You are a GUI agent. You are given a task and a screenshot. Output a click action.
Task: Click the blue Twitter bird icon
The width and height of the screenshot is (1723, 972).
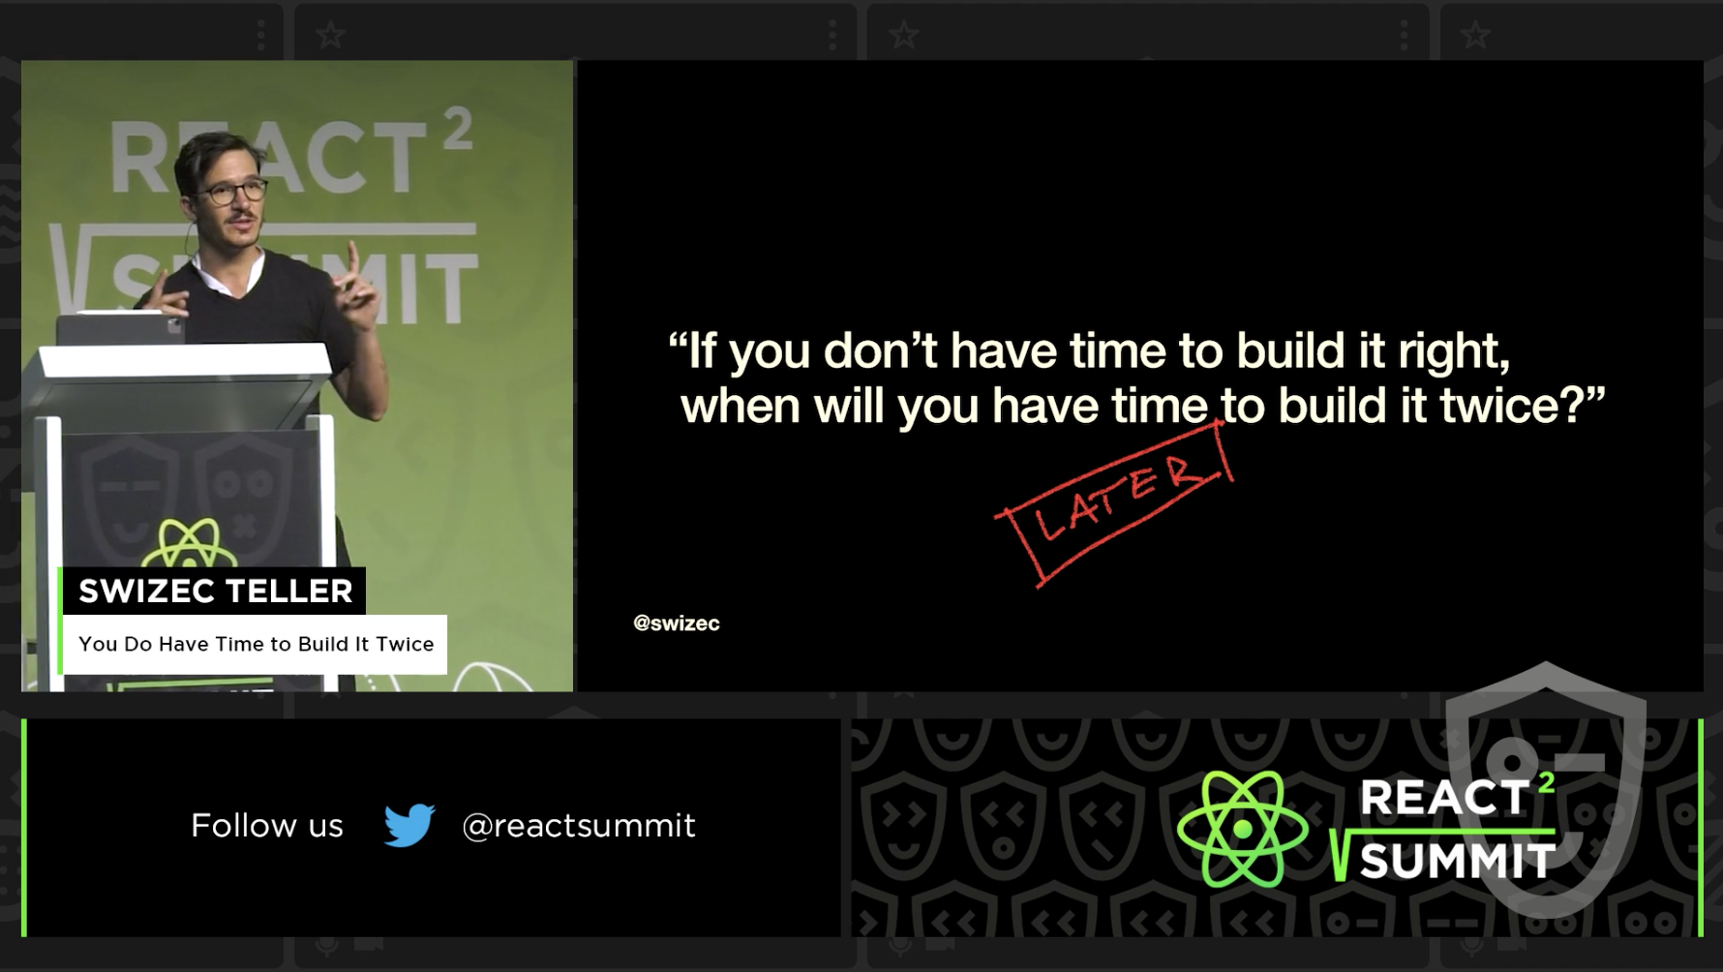click(x=408, y=825)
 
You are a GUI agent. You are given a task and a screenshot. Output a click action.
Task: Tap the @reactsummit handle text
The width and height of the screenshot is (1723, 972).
click(x=578, y=826)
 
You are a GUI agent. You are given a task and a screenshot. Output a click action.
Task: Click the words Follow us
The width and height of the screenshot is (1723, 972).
click(x=266, y=826)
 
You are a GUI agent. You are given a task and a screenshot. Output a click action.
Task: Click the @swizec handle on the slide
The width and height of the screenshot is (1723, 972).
click(x=676, y=623)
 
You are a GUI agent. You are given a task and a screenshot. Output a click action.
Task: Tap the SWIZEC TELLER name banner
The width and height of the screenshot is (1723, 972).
click(x=215, y=591)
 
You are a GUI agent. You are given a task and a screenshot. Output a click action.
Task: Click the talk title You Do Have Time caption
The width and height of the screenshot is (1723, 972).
click(x=256, y=644)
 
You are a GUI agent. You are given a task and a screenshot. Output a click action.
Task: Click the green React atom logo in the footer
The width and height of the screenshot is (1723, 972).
click(x=1242, y=829)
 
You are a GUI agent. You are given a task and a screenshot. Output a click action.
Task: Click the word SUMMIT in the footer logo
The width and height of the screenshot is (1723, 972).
click(x=1456, y=861)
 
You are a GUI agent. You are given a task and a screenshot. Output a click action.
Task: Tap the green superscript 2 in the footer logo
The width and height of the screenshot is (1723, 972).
click(x=1546, y=781)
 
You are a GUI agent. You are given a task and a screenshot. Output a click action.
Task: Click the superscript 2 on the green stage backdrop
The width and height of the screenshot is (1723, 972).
click(x=457, y=129)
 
